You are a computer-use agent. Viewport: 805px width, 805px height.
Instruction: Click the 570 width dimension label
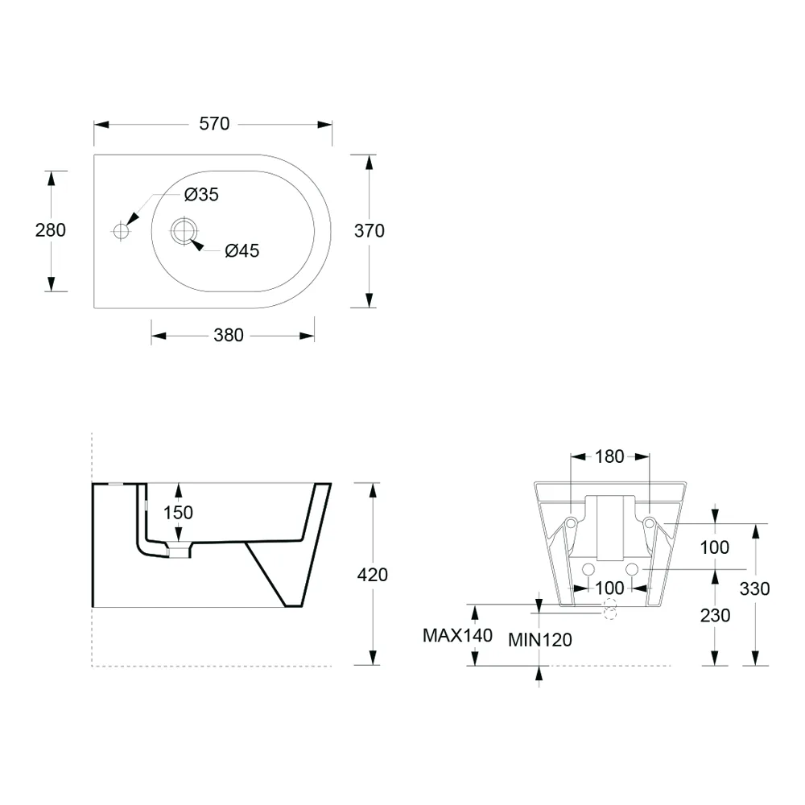(214, 124)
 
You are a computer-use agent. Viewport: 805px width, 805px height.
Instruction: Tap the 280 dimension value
(50, 230)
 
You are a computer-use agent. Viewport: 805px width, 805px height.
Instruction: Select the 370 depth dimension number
(369, 231)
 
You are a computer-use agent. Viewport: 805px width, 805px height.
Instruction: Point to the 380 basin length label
(229, 335)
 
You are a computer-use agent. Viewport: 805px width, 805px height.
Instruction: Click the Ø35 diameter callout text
(201, 195)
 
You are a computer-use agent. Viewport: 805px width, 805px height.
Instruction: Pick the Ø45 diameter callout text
(242, 251)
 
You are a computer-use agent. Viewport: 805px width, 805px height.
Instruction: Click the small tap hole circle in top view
(122, 232)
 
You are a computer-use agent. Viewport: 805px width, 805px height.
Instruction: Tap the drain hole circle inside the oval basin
(184, 231)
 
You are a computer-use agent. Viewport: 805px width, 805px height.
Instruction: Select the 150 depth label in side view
(178, 512)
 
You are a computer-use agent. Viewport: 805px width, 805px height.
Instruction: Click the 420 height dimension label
(372, 575)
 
